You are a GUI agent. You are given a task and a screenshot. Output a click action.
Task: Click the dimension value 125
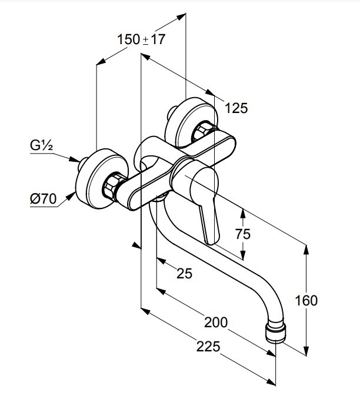pyautogui.click(x=236, y=108)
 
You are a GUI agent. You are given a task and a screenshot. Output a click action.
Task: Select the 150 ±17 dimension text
pyautogui.click(x=142, y=40)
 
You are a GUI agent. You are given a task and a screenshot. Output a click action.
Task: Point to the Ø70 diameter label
pyautogui.click(x=42, y=200)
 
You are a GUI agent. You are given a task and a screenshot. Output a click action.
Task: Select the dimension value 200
pyautogui.click(x=215, y=322)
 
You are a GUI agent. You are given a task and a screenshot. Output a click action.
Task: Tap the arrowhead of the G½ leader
pyautogui.click(x=79, y=160)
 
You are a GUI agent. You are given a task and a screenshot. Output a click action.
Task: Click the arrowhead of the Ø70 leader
pyautogui.click(x=75, y=194)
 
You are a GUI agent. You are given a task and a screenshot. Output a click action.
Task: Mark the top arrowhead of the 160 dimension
pyautogui.click(x=306, y=248)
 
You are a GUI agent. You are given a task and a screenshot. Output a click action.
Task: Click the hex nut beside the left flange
pyautogui.click(x=112, y=187)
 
